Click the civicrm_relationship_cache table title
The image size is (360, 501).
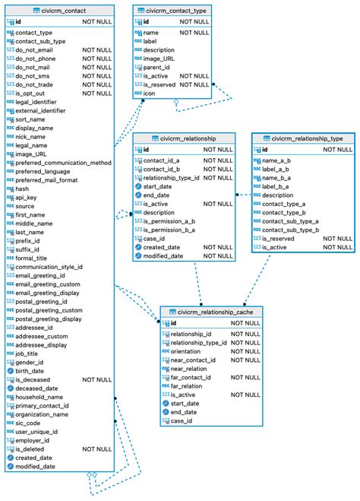point(215,312)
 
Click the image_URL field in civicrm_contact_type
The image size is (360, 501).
point(160,59)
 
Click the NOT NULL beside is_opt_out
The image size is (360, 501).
point(98,94)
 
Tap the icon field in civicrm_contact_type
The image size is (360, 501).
point(150,94)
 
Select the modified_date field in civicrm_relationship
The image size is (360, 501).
point(163,256)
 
